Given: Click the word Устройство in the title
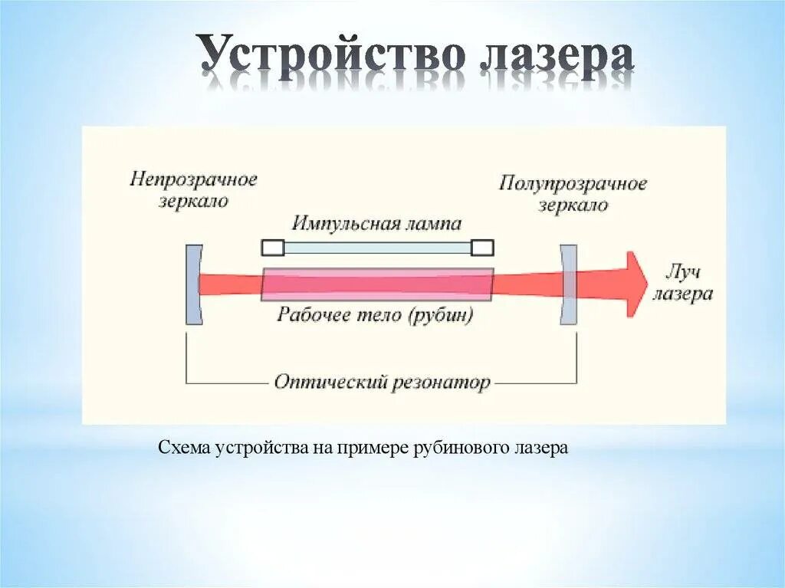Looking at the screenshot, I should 331,56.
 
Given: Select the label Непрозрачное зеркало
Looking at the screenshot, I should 193,190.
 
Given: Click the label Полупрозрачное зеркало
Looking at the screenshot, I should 573,194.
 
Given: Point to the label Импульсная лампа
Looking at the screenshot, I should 376,224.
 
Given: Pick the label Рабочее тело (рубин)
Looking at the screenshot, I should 376,314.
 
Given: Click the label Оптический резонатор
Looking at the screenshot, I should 382,382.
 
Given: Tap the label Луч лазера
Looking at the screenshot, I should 682,284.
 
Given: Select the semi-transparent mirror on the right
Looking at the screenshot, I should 568,284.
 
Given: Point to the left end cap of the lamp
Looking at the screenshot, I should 272,248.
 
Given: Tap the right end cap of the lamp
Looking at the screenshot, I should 482,248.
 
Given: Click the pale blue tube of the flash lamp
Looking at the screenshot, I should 377,248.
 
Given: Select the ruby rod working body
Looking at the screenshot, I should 377,284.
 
